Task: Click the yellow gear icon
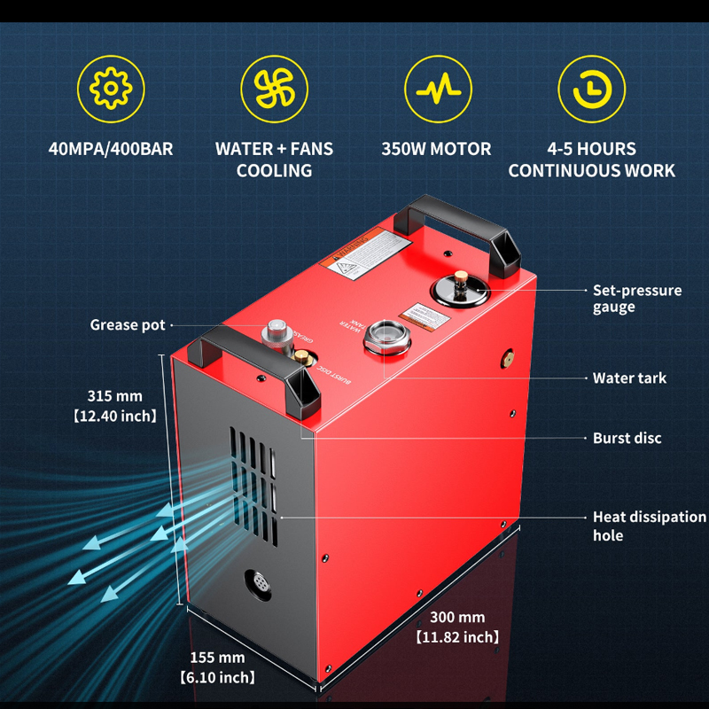click(111, 90)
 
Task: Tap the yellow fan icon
click(274, 90)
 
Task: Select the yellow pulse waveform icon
click(436, 90)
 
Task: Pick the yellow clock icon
click(591, 90)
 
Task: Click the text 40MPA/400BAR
click(111, 149)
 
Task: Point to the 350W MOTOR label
click(436, 149)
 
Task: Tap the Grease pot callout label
click(128, 325)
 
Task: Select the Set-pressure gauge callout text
click(636, 298)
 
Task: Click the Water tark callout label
click(629, 378)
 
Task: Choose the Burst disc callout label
click(627, 438)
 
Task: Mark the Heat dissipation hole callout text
click(649, 526)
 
